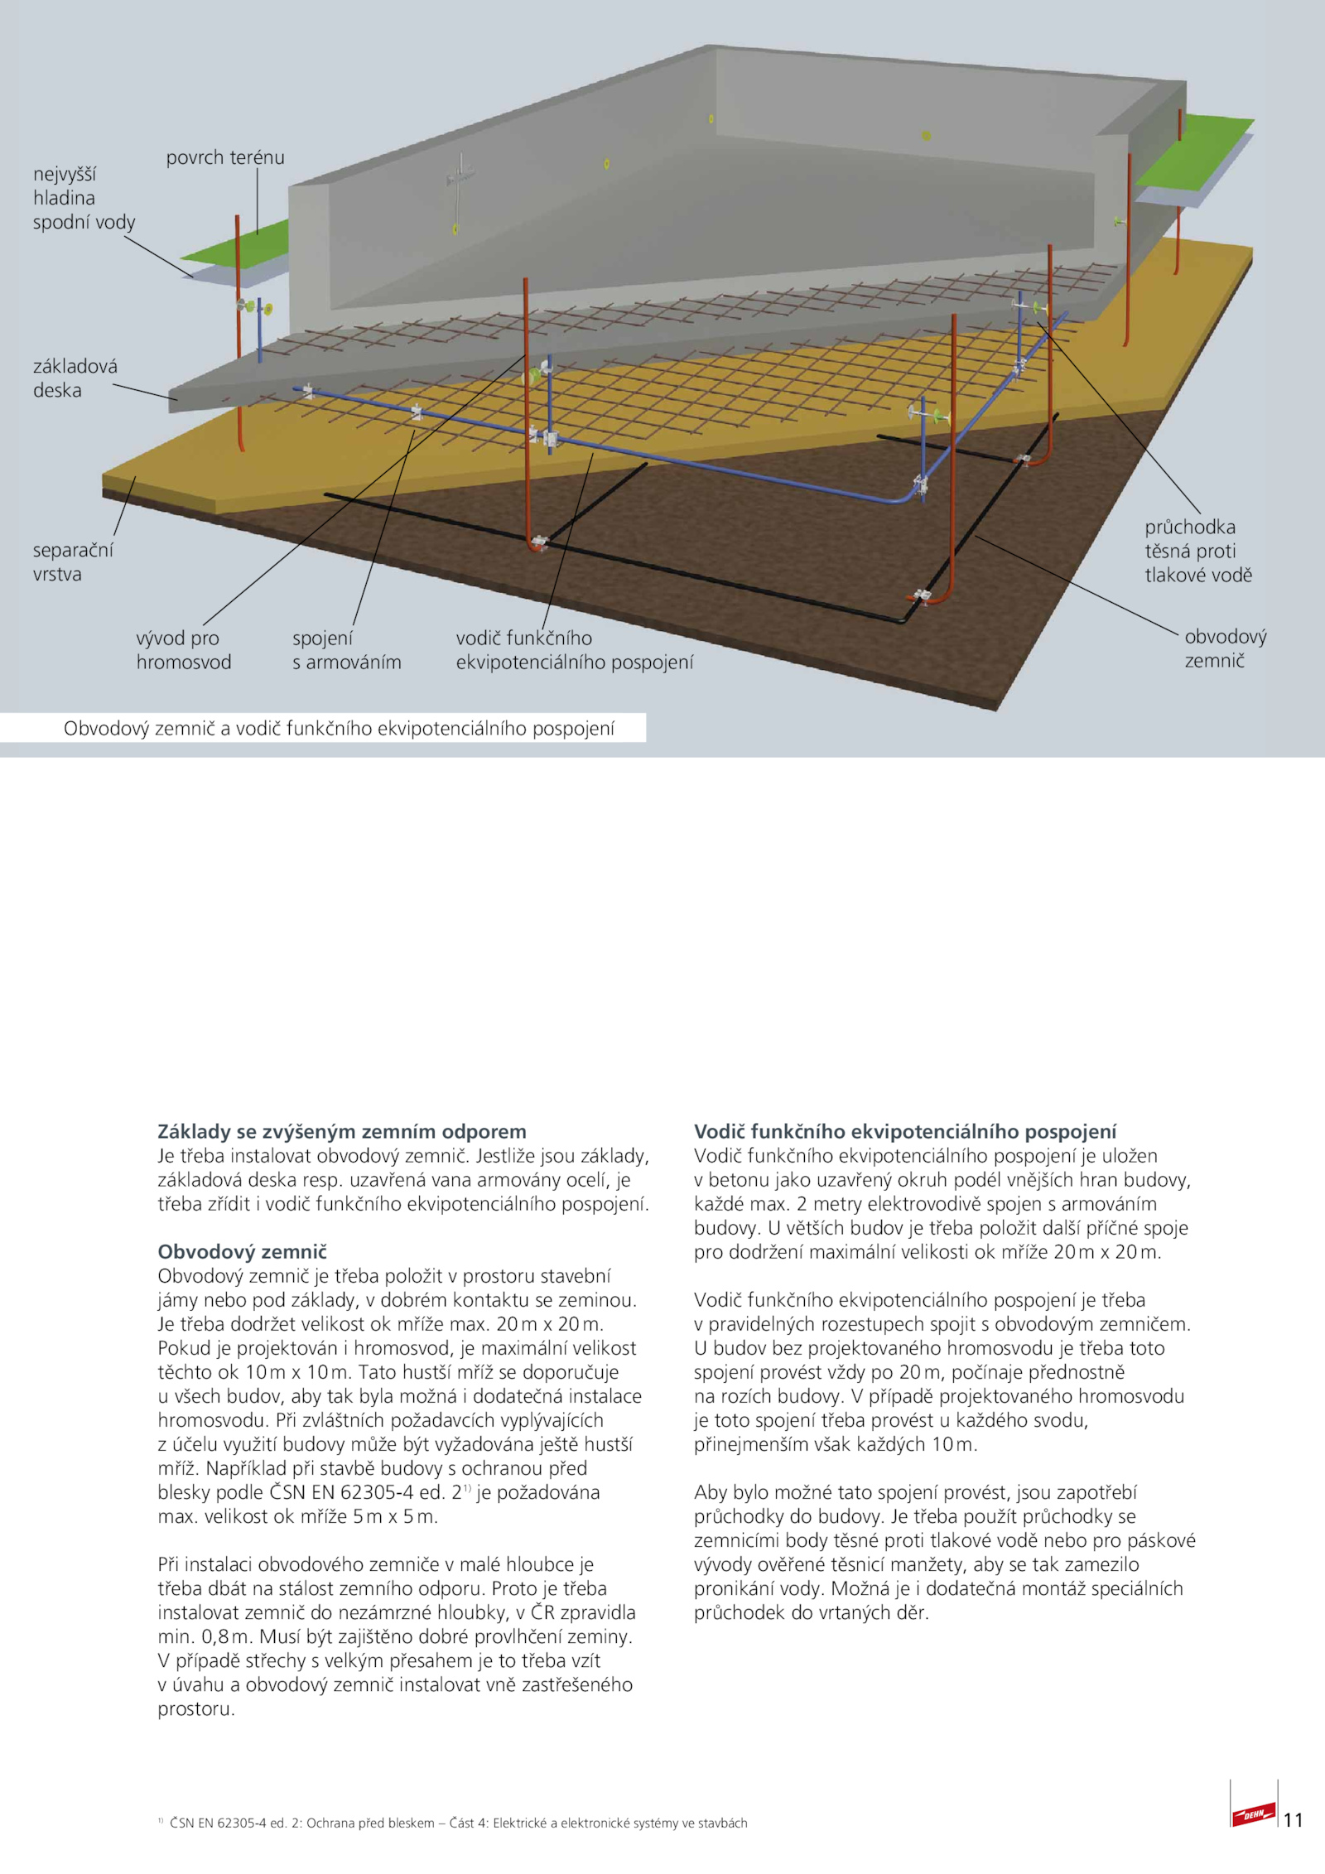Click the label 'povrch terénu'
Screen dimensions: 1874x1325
(224, 157)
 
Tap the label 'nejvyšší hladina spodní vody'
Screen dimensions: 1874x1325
(84, 198)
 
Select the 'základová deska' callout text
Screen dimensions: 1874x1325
(75, 378)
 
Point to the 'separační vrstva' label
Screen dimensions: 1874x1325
(73, 562)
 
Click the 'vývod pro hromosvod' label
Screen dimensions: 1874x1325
(183, 650)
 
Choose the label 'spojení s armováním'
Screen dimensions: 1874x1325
(346, 650)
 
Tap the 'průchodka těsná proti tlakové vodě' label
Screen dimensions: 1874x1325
(1197, 551)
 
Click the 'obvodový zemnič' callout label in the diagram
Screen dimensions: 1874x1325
(1225, 648)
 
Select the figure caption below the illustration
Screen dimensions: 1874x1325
(339, 729)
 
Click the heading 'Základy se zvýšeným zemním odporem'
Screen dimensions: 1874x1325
(341, 1131)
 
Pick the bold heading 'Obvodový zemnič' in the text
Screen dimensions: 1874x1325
(242, 1251)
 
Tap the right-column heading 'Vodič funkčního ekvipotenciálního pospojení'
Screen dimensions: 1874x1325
(904, 1131)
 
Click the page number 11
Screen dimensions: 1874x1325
(1293, 1819)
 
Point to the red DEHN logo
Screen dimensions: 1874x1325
(1252, 1815)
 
